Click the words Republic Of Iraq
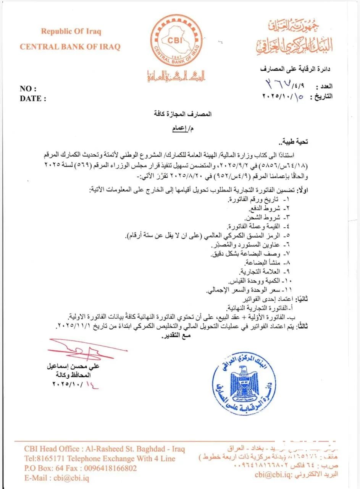point(71,31)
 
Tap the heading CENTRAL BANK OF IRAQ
point(70,47)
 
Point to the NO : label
point(28,89)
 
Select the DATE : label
point(33,99)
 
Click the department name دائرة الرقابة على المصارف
point(295,69)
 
